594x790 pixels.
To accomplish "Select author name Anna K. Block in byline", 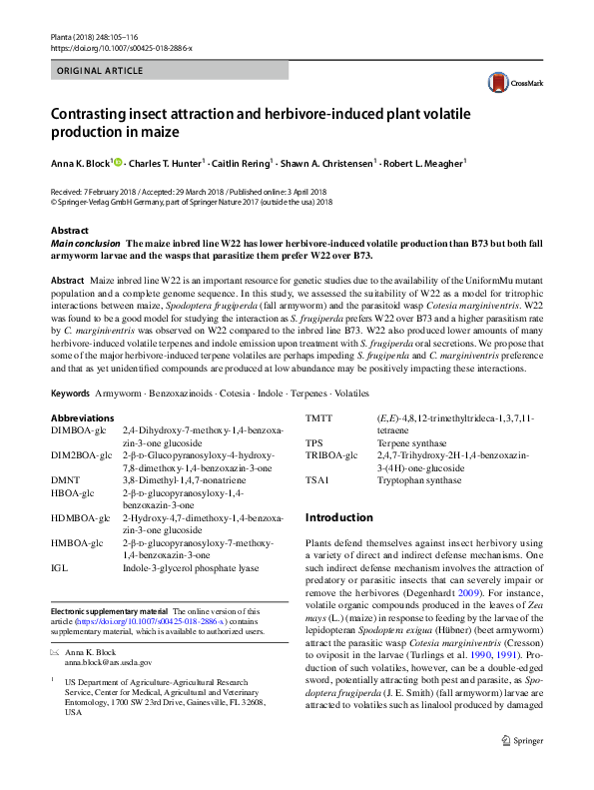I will (80, 163).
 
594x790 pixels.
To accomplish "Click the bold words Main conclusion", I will (87, 244).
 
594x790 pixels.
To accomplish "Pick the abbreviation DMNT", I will (68, 481).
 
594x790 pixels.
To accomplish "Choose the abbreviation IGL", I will (60, 568).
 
